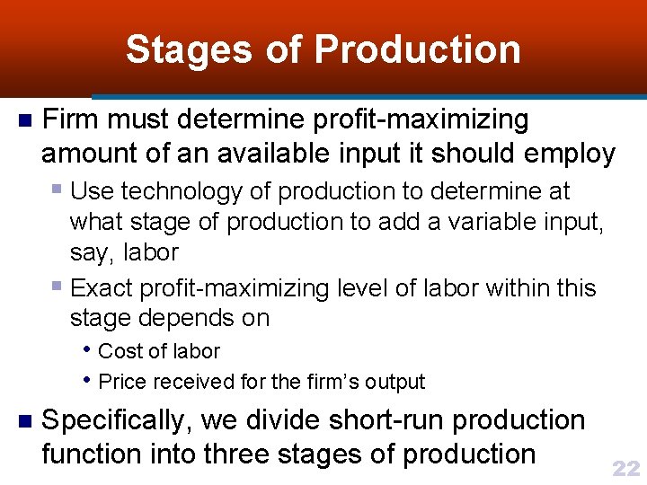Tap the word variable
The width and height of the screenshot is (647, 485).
468,221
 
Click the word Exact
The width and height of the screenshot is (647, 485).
100,288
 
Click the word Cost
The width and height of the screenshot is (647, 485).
120,351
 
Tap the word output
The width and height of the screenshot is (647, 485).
395,382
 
